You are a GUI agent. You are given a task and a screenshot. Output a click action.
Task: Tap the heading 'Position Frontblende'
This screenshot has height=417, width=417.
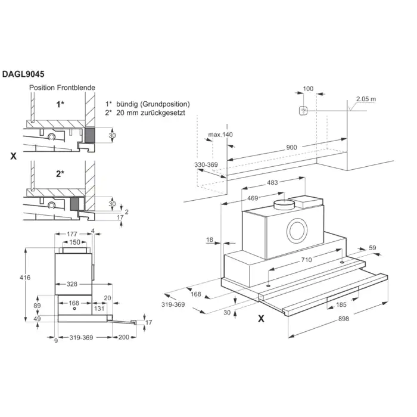pos(63,88)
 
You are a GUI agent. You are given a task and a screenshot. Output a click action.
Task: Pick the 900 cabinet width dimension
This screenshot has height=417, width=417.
pos(291,148)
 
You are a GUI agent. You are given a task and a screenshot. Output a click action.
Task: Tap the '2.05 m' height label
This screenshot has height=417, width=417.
pos(366,99)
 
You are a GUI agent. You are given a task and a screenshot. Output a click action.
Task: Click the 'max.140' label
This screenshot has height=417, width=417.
pos(220,135)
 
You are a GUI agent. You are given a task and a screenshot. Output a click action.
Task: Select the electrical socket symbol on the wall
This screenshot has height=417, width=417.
pos(303,110)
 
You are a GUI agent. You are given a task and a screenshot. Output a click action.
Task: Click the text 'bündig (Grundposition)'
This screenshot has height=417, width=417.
pos(153,104)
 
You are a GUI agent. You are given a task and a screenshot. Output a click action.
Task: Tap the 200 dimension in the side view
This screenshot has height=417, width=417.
pos(123,337)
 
